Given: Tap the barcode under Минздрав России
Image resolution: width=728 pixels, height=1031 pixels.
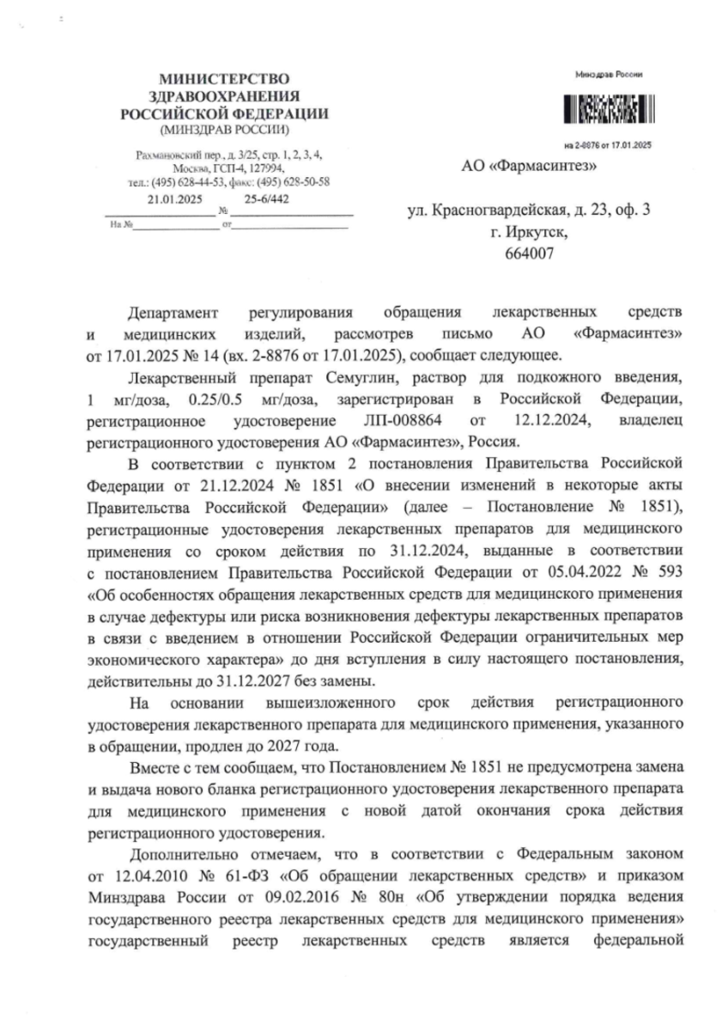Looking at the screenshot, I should click(x=606, y=110).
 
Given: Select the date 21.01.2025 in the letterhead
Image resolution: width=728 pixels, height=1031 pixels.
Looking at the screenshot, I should click(x=174, y=198).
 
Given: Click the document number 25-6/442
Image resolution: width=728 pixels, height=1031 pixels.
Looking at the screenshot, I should click(x=266, y=198).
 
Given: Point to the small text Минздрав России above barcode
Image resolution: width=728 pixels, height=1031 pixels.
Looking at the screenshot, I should click(x=606, y=76).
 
